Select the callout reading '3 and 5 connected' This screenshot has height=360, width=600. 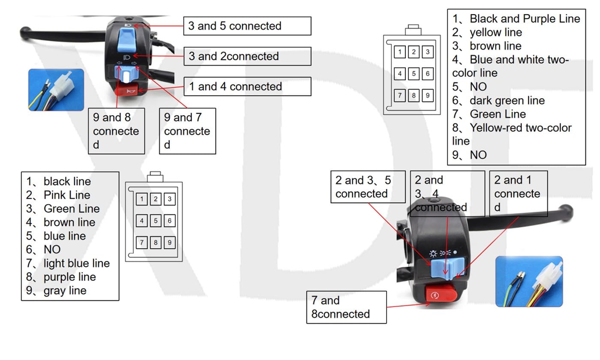pos(247,26)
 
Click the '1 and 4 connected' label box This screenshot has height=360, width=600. pos(247,87)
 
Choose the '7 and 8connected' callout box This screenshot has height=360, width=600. pos(346,307)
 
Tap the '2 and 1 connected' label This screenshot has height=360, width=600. pos(518,194)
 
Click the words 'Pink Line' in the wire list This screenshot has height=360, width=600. pos(67,195)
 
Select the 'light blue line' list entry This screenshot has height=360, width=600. pos(76,263)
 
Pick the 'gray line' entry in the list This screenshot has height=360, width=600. pos(65,291)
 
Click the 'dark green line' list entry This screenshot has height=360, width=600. pos(507,101)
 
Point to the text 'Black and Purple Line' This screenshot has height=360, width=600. pos(525,19)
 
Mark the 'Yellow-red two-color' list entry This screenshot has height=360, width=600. pos(520,128)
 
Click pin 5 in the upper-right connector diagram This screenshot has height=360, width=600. pos(414,74)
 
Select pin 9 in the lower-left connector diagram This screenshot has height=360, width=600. pos(169,243)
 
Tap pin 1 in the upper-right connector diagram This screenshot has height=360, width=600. pos(399,52)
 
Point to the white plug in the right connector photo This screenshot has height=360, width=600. pos(546,277)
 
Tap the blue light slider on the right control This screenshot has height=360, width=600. pos(448,266)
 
